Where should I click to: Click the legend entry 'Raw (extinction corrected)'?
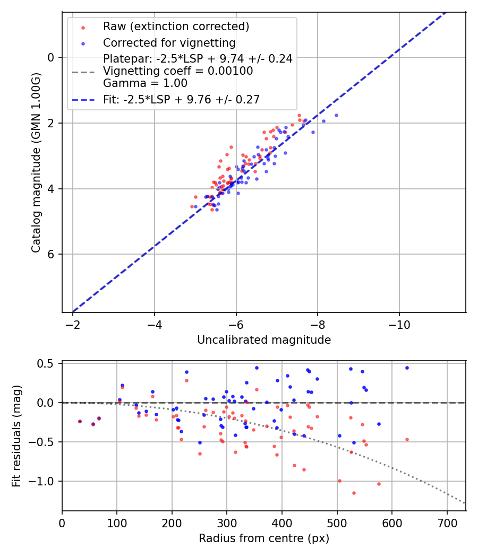click(x=176, y=27)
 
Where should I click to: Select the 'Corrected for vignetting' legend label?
click(x=169, y=42)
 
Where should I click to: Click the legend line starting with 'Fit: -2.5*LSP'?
click(x=181, y=99)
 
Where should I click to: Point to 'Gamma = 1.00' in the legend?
click(x=145, y=83)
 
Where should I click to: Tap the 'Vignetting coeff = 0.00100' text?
click(x=178, y=71)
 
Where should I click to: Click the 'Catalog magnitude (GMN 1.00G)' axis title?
click(x=36, y=161)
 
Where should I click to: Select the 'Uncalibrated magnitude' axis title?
click(x=264, y=340)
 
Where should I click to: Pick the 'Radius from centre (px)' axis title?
click(x=264, y=538)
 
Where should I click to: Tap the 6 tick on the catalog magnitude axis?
click(x=51, y=254)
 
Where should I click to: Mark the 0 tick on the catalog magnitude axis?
click(x=51, y=57)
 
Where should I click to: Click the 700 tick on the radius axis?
click(x=447, y=523)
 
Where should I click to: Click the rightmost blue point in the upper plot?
click(x=336, y=115)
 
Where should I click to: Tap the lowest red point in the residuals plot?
click(x=354, y=493)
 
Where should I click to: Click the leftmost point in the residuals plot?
click(x=80, y=421)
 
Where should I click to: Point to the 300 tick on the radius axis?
click(x=227, y=523)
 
